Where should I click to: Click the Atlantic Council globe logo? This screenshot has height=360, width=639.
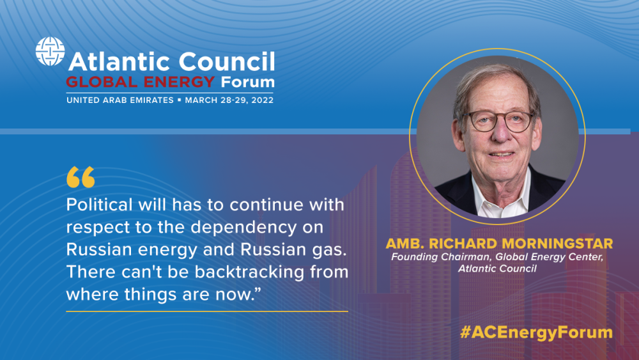[x=50, y=51]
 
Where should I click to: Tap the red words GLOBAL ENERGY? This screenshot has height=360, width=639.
[x=140, y=82]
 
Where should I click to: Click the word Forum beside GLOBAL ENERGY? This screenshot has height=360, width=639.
[x=247, y=82]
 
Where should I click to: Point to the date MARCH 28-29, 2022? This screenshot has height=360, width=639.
[x=229, y=100]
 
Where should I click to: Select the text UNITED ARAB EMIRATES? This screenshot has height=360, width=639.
[x=120, y=100]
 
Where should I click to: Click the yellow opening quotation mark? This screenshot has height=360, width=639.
[x=81, y=177]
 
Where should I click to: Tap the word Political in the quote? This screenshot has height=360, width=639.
[x=100, y=205]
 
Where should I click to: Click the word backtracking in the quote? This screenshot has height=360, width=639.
[x=249, y=272]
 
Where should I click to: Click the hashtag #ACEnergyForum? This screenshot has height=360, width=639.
[x=536, y=333]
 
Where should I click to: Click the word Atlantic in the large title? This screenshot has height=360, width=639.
[x=120, y=61]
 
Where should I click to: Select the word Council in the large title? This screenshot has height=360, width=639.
[x=227, y=61]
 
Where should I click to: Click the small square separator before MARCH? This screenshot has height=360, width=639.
[x=180, y=100]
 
